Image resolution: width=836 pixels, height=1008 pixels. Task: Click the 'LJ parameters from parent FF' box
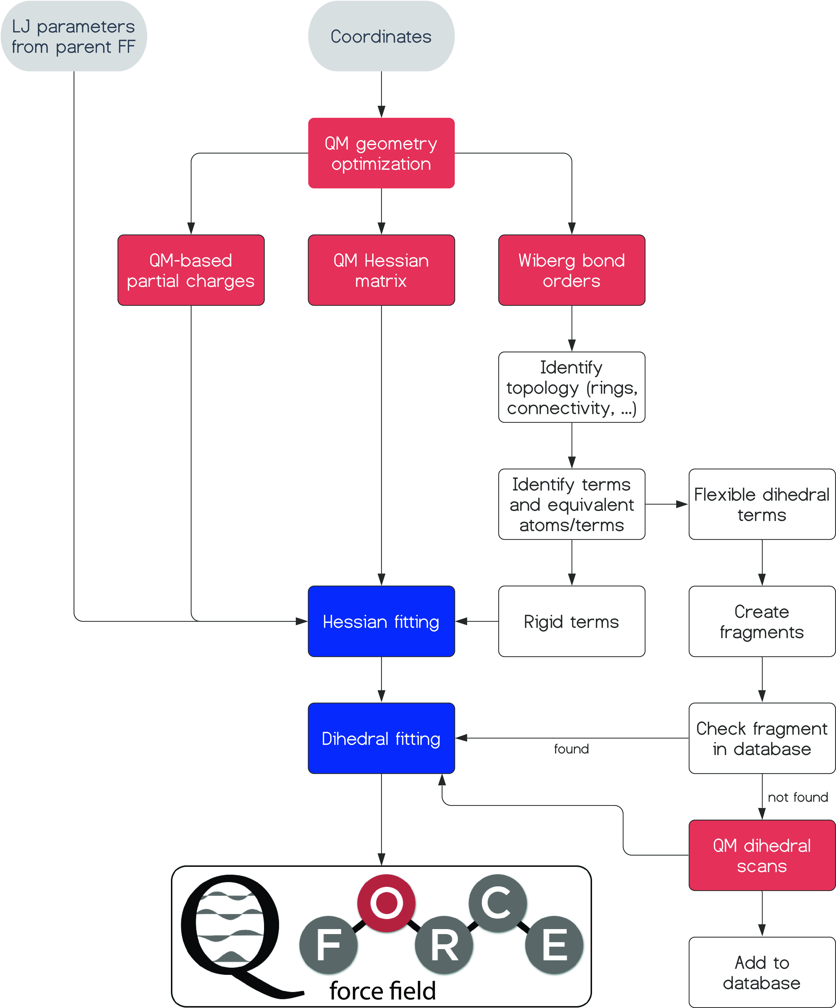[74, 36]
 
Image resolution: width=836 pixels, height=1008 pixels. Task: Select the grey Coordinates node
[381, 36]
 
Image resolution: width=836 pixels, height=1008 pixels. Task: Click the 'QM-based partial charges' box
[191, 270]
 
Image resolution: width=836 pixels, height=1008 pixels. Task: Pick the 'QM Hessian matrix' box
[381, 270]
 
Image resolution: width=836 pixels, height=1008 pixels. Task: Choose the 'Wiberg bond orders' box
[571, 270]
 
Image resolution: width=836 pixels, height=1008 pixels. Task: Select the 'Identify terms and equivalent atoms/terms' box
[571, 505]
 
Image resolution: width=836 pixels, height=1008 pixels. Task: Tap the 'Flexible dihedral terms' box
[762, 505]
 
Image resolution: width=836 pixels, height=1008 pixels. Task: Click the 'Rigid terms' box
[571, 622]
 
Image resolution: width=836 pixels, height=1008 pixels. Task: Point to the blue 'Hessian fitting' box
[381, 622]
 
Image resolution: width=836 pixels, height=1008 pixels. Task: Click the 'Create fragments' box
[762, 622]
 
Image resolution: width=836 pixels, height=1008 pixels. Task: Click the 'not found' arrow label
[798, 797]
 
